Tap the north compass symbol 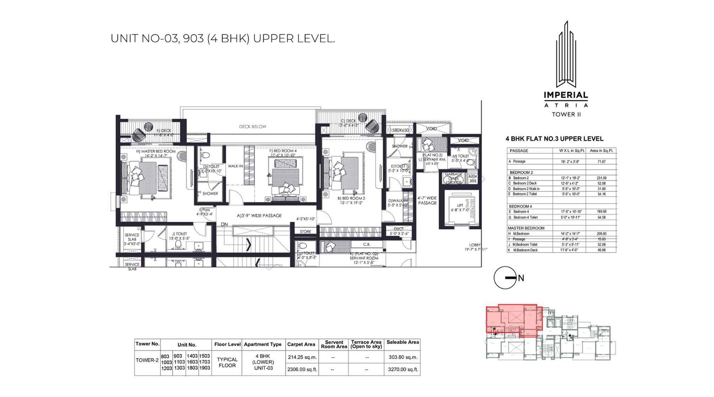click(505, 278)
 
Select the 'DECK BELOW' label click(253, 126)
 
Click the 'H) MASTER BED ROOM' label click(156, 151)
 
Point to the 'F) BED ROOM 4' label click(282, 151)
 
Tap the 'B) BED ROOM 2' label click(351, 198)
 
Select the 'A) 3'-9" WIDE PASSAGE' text click(259, 216)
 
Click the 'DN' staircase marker click(224, 225)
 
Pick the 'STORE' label click(306, 231)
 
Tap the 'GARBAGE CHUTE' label click(453, 176)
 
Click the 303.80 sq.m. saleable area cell click(403, 357)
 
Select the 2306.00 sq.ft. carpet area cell click(302, 369)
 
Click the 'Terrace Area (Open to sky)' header click(366, 344)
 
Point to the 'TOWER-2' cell click(147, 360)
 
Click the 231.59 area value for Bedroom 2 click(601, 178)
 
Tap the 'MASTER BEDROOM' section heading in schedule click(526, 228)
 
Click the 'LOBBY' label click(475, 245)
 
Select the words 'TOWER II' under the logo click(566, 114)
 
